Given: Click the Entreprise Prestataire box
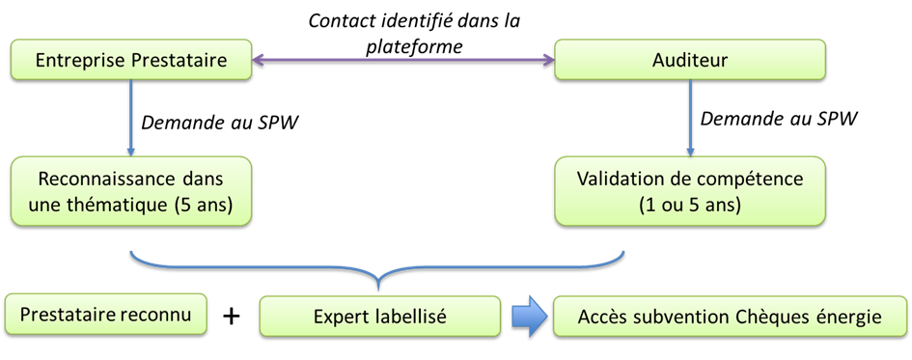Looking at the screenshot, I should point(130,61).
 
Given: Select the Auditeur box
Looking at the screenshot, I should point(690,61).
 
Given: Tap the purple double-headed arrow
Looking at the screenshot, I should point(402,61).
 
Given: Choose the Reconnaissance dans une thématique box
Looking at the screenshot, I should point(130,193).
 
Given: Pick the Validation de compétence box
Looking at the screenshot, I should point(690,193).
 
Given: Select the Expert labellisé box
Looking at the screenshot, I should point(379,317).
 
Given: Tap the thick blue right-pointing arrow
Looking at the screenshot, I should point(527,317).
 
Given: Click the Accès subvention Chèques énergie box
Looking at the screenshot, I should point(730,317).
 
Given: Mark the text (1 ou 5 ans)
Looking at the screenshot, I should point(689,206).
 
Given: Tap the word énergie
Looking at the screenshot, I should point(852,317).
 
